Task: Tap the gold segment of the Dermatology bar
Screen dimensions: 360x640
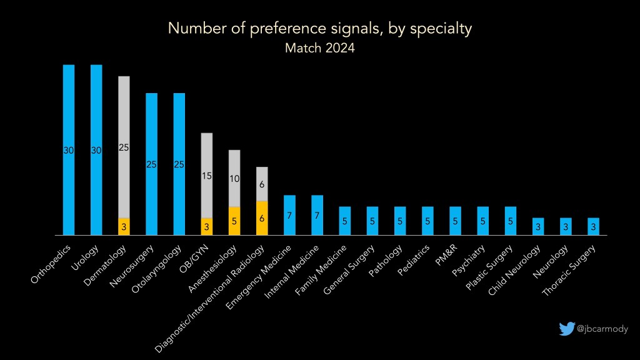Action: point(124,226)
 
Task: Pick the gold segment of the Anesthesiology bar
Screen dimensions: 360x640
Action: point(234,221)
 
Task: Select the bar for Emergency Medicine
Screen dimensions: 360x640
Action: point(289,215)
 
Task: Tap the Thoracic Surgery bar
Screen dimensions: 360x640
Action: point(593,226)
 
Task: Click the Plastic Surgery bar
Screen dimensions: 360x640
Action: point(511,221)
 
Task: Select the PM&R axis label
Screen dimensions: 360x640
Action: point(447,256)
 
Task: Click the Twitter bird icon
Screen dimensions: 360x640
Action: point(566,329)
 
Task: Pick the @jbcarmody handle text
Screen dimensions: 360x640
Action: point(602,329)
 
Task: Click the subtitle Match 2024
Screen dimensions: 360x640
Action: point(319,48)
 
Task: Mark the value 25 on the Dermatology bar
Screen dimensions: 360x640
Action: point(124,147)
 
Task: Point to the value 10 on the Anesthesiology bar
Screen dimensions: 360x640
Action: point(234,178)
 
